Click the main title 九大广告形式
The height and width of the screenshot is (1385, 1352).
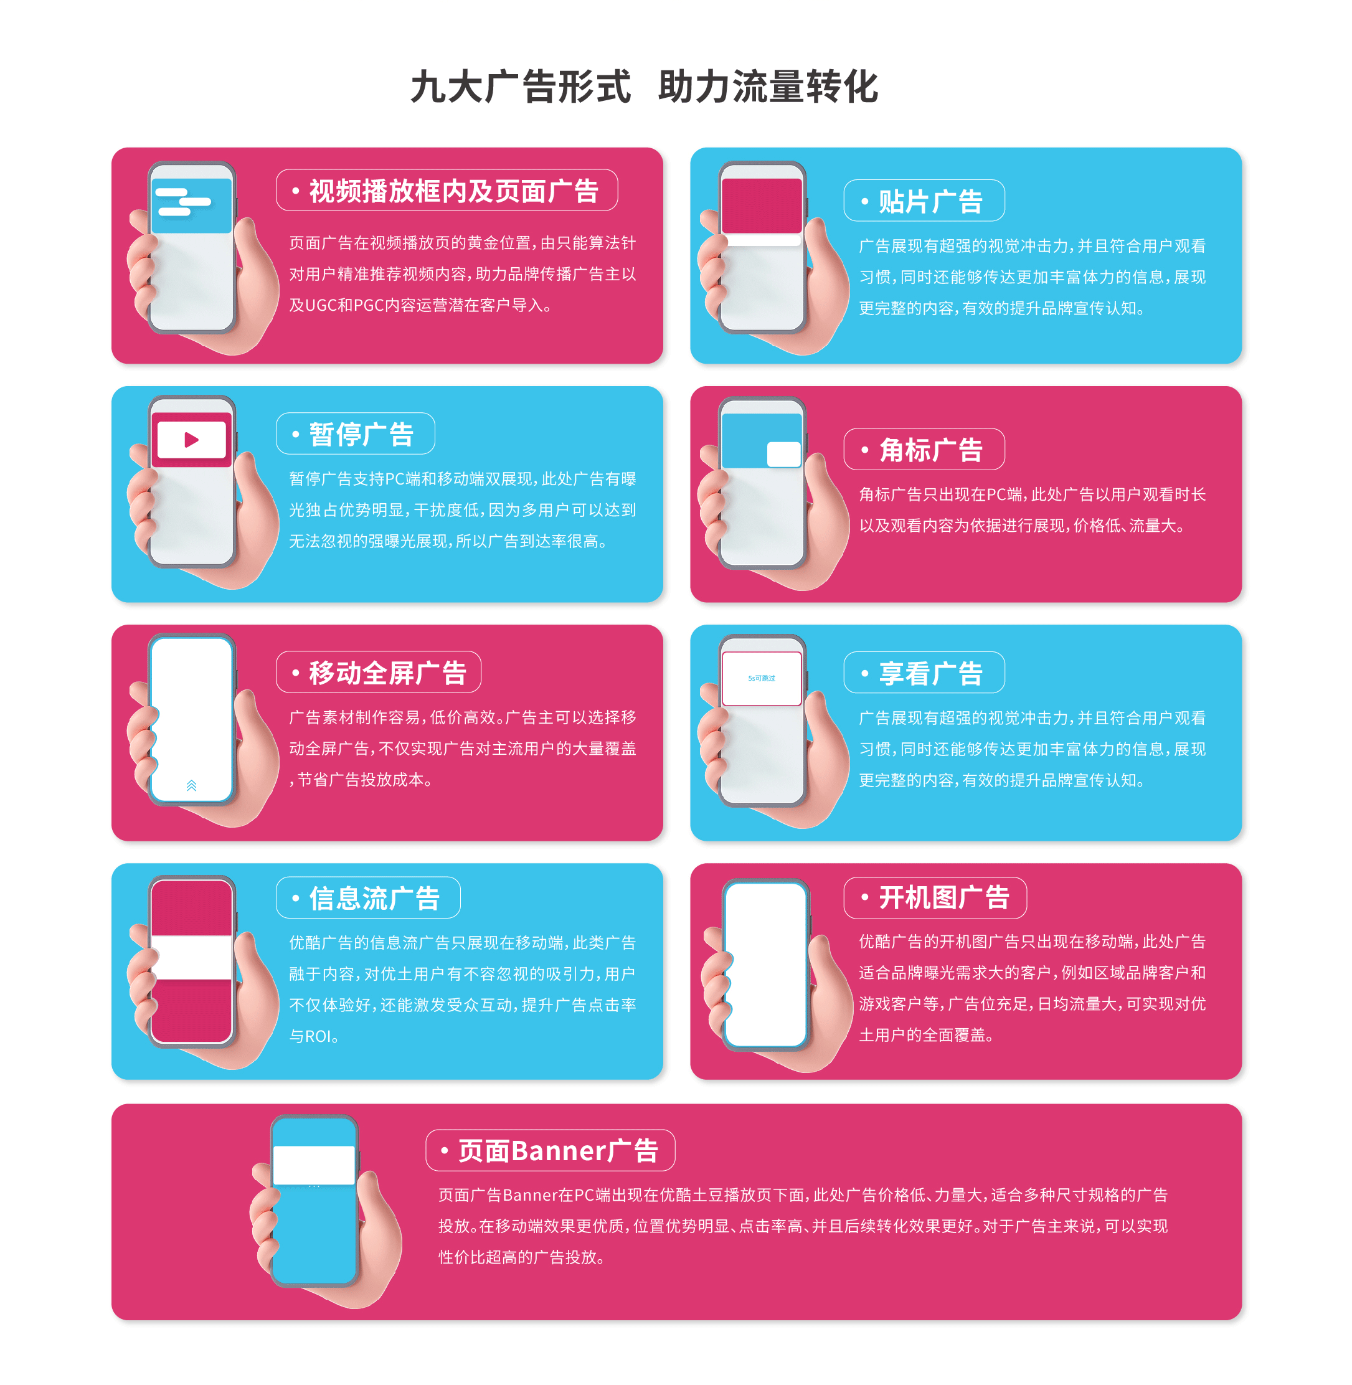click(521, 87)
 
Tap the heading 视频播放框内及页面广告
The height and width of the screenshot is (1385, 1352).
click(454, 191)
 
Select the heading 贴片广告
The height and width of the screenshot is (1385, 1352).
click(930, 202)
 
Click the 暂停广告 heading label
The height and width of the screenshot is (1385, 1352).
click(361, 435)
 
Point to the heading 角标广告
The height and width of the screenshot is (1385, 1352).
click(930, 450)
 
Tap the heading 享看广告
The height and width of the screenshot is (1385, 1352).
click(930, 673)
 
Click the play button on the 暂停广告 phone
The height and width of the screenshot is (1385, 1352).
click(191, 440)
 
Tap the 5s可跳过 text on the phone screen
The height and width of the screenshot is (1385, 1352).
click(761, 678)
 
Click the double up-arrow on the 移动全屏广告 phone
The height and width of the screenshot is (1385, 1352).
click(191, 785)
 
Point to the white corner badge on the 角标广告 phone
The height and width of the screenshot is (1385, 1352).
click(784, 455)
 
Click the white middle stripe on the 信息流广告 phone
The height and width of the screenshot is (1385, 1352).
click(192, 957)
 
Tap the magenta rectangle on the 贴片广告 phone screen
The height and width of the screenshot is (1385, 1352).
click(761, 206)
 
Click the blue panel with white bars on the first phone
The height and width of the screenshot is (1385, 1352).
click(192, 206)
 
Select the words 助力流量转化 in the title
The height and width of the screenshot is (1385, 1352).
click(768, 87)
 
